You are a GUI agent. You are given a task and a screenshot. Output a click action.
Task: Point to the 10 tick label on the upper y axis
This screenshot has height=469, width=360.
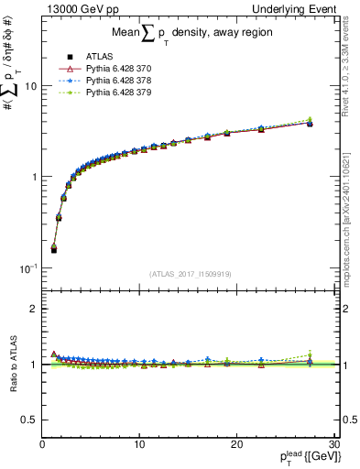pyautogui.click(x=30, y=86)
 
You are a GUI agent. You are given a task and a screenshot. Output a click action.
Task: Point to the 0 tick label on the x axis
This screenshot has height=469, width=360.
pyautogui.click(x=42, y=444)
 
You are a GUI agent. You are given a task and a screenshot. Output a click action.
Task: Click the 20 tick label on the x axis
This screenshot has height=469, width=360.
pyautogui.click(x=236, y=444)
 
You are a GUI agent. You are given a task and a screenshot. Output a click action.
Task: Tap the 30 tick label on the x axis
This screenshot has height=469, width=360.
pyautogui.click(x=333, y=444)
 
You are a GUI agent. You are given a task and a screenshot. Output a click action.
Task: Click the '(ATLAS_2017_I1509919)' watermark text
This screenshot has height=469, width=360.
pyautogui.click(x=190, y=273)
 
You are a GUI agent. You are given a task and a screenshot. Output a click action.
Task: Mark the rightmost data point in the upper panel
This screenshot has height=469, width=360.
pyautogui.click(x=310, y=122)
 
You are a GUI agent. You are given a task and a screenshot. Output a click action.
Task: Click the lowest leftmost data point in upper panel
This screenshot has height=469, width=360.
pyautogui.click(x=53, y=249)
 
